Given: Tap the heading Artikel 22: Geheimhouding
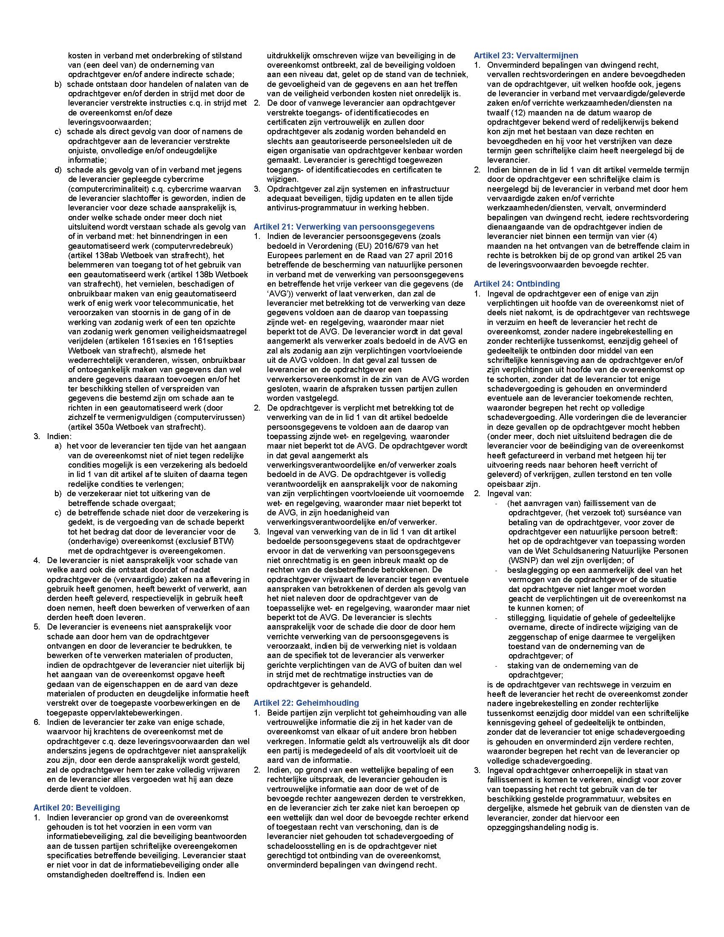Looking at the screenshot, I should click(x=306, y=703).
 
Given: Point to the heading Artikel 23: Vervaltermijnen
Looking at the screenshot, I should click(x=526, y=55).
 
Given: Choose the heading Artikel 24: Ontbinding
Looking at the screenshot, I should click(x=517, y=284).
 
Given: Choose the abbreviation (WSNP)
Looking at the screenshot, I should click(x=525, y=560).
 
